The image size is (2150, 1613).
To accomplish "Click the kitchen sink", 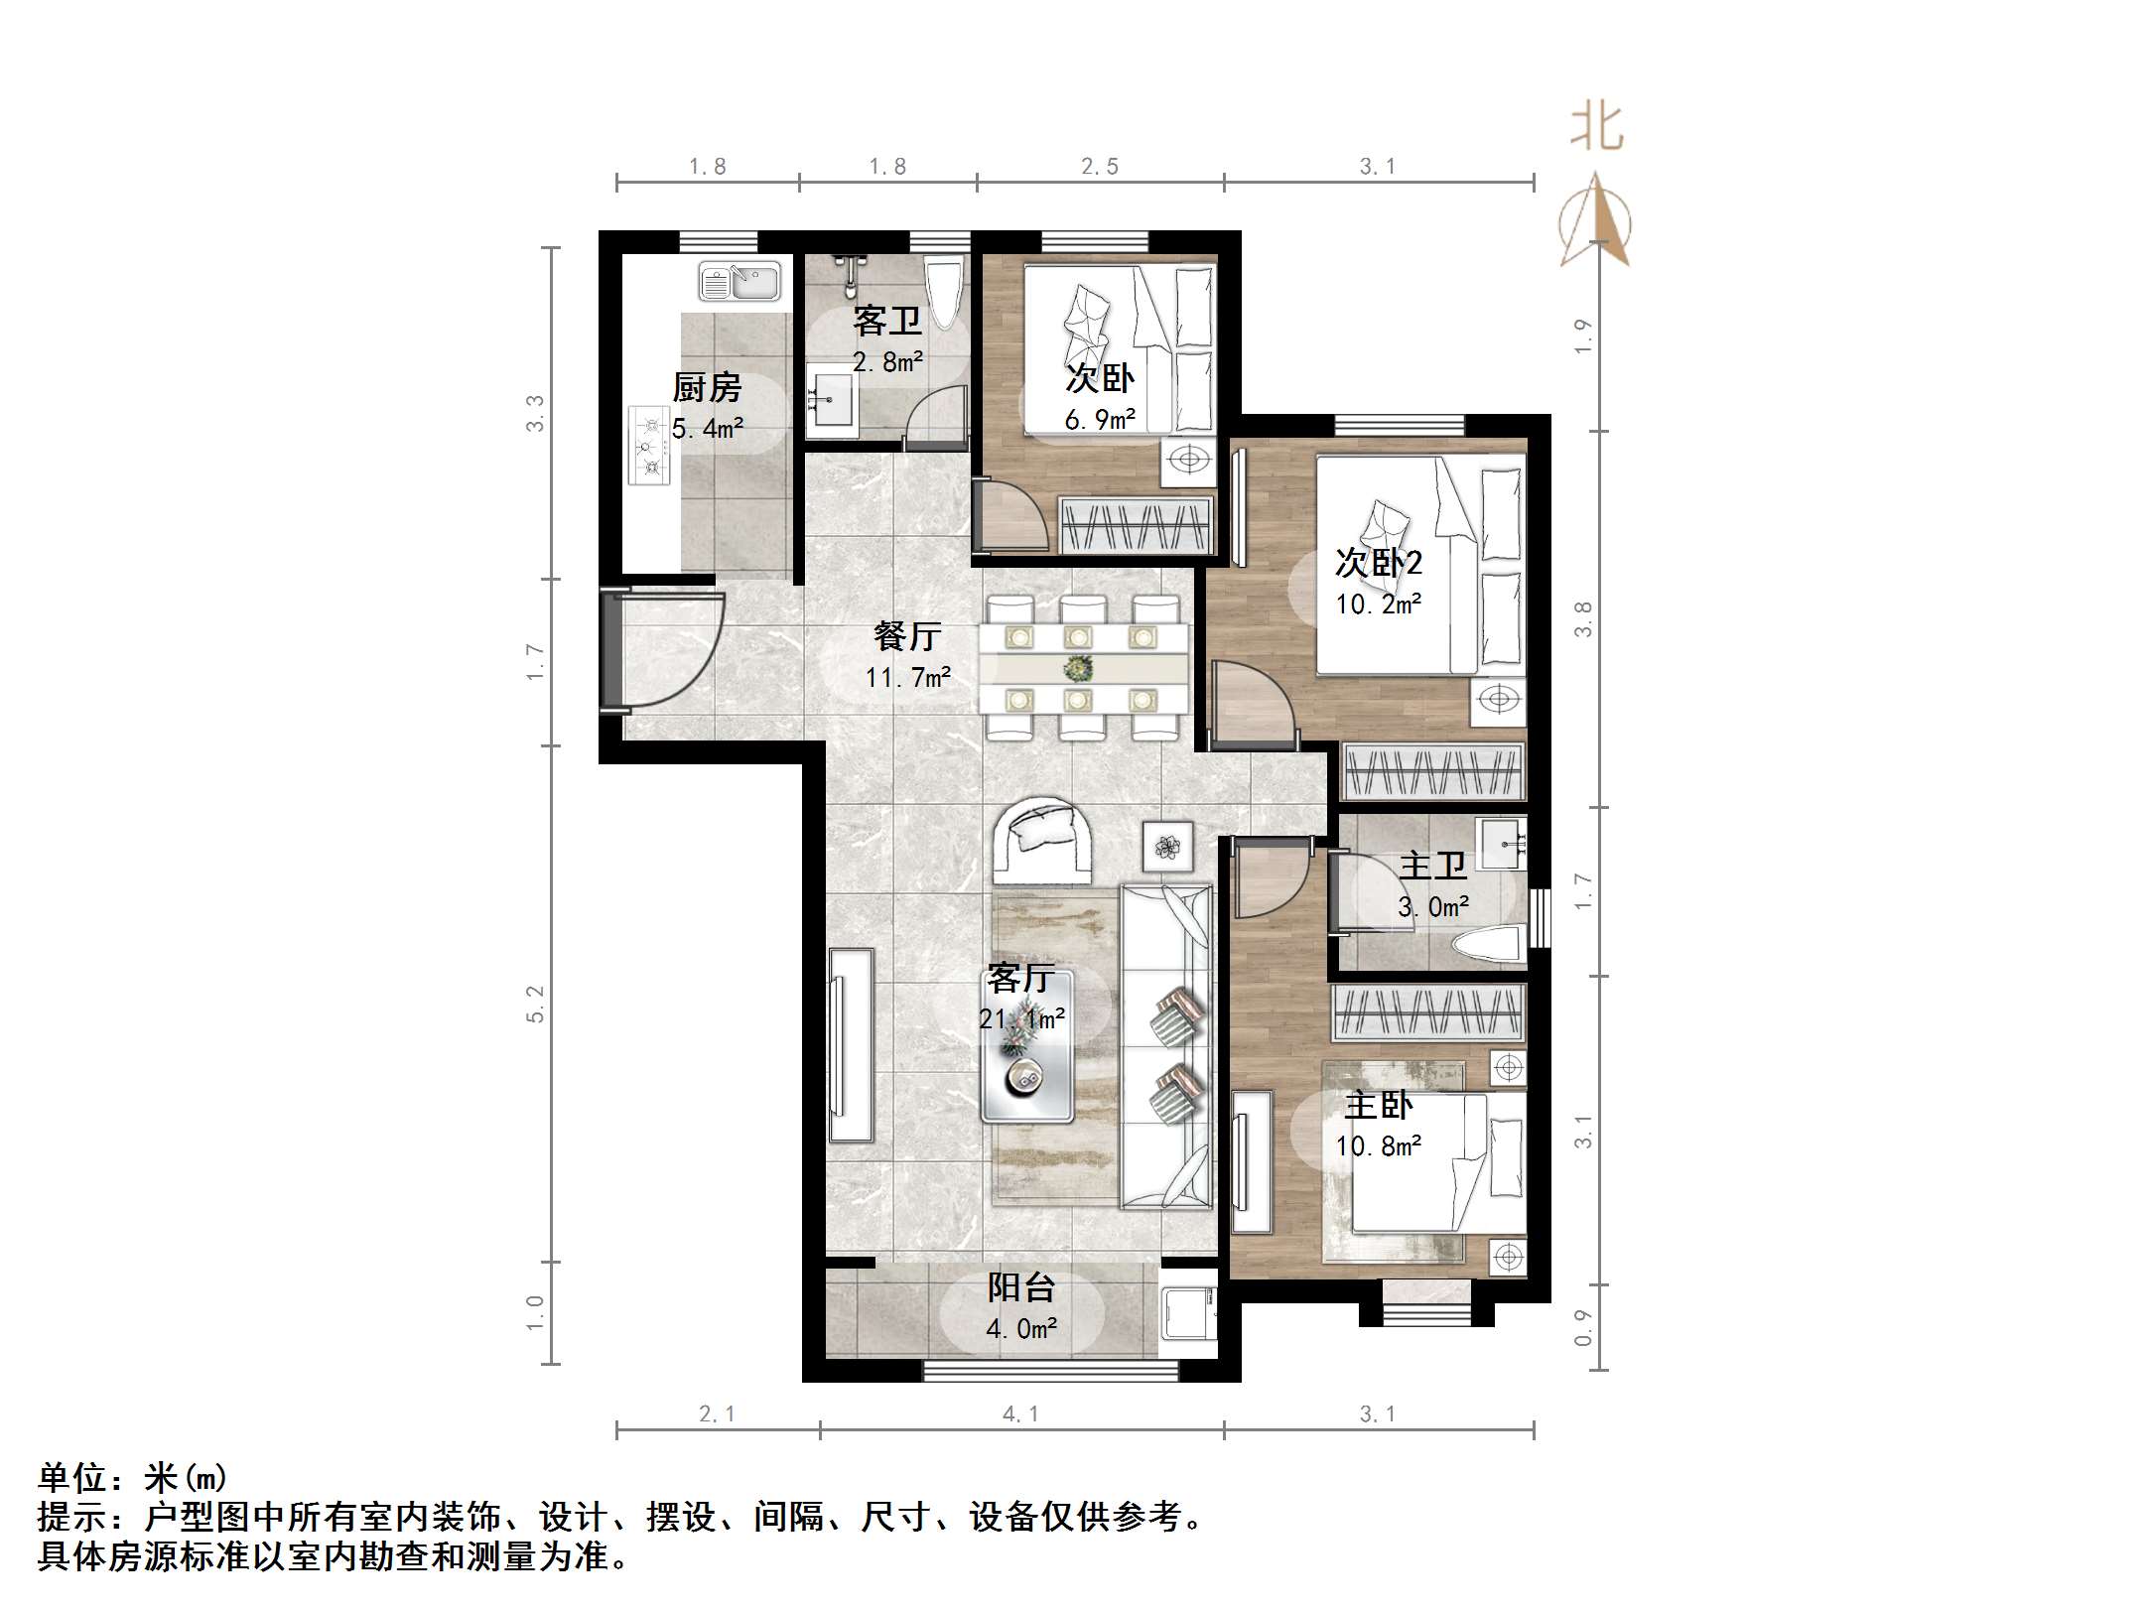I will coord(739,282).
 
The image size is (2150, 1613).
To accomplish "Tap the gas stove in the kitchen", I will coord(650,446).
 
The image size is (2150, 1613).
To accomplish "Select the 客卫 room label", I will coord(887,321).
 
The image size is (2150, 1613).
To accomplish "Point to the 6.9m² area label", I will coord(1100,420).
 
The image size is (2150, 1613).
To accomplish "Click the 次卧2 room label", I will coord(1378,563).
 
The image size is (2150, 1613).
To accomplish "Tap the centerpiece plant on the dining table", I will coord(1079,668).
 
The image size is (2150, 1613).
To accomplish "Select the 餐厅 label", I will coord(907,635).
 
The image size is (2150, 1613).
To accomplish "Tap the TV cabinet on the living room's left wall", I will coord(851,1045).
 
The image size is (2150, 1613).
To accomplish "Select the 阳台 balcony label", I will coord(1020,1287).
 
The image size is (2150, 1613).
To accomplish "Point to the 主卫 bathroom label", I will coord(1432,866).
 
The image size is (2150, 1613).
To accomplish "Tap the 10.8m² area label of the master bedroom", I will coord(1378,1146).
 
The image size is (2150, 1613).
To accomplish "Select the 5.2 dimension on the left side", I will coord(536,1004).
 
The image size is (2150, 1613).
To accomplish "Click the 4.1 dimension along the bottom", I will coord(1020,1413).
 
